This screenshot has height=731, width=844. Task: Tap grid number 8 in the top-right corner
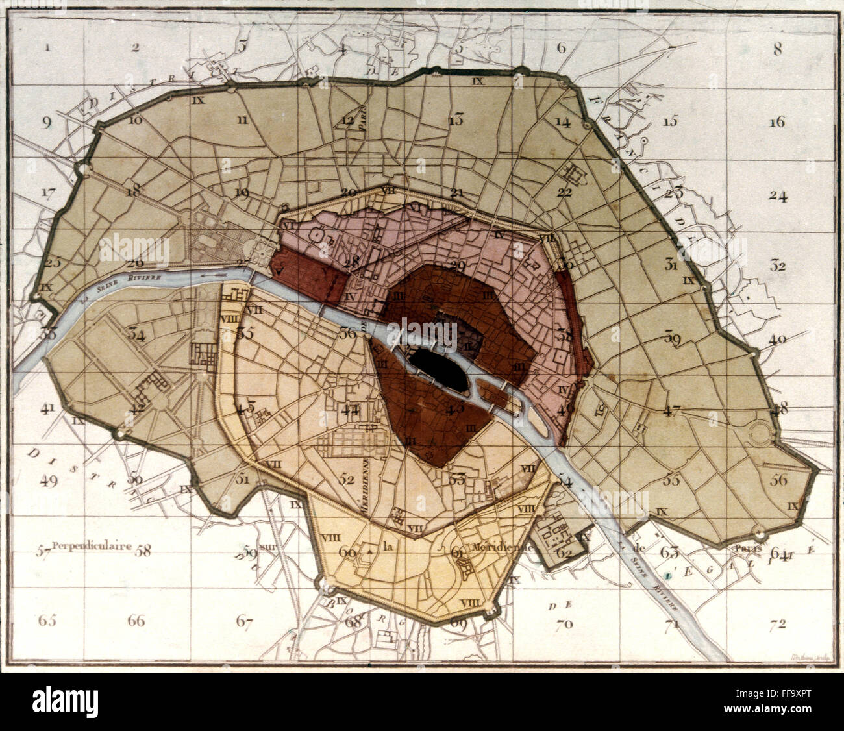click(x=777, y=48)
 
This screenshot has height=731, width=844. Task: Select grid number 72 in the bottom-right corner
click(x=777, y=625)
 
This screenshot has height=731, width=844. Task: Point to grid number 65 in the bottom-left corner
click(x=47, y=620)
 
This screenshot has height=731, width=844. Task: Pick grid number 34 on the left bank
click(x=136, y=334)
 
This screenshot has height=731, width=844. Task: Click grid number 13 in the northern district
click(x=456, y=119)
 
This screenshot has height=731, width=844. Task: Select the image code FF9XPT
click(x=786, y=702)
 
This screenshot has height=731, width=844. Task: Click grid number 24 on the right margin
click(x=777, y=195)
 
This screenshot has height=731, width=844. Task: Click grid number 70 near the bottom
click(x=564, y=624)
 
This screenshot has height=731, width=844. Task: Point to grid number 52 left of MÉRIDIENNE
click(x=347, y=479)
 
